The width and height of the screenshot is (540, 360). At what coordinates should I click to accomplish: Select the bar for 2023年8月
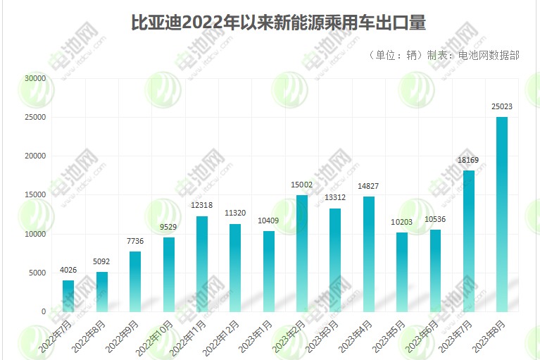tap(502, 214)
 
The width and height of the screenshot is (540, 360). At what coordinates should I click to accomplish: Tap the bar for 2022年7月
tap(68, 296)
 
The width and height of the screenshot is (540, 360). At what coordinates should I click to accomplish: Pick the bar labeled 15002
tap(302, 253)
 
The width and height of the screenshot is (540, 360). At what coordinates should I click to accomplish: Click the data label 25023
tap(502, 106)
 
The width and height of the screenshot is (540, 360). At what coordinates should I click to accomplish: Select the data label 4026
tap(68, 270)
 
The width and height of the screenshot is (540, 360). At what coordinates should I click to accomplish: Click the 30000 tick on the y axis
tap(34, 78)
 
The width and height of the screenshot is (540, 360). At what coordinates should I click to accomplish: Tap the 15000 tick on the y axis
tap(34, 195)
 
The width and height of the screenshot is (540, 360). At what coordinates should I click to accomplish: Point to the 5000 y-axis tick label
tap(37, 273)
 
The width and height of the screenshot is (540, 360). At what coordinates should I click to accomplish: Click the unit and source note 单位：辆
tap(444, 55)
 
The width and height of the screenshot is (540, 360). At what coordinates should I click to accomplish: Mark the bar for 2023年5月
tap(402, 272)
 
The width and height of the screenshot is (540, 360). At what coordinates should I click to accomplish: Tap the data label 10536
tap(435, 219)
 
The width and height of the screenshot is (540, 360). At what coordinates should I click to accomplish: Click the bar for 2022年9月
tap(135, 281)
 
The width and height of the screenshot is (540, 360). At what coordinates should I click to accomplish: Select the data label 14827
tap(369, 186)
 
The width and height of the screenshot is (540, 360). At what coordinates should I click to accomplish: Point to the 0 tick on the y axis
tap(43, 311)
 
